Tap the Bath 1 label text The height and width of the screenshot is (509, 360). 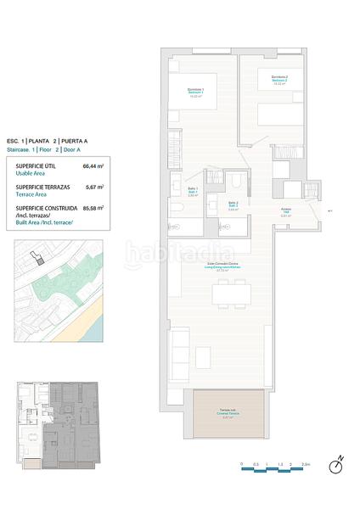point(193,191)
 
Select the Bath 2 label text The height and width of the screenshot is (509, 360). point(232,204)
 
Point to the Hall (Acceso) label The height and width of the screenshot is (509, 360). point(286,212)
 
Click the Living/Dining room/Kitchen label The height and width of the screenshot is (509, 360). point(225,268)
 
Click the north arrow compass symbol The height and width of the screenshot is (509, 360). point(338,466)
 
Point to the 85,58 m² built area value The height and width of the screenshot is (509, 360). point(93,207)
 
